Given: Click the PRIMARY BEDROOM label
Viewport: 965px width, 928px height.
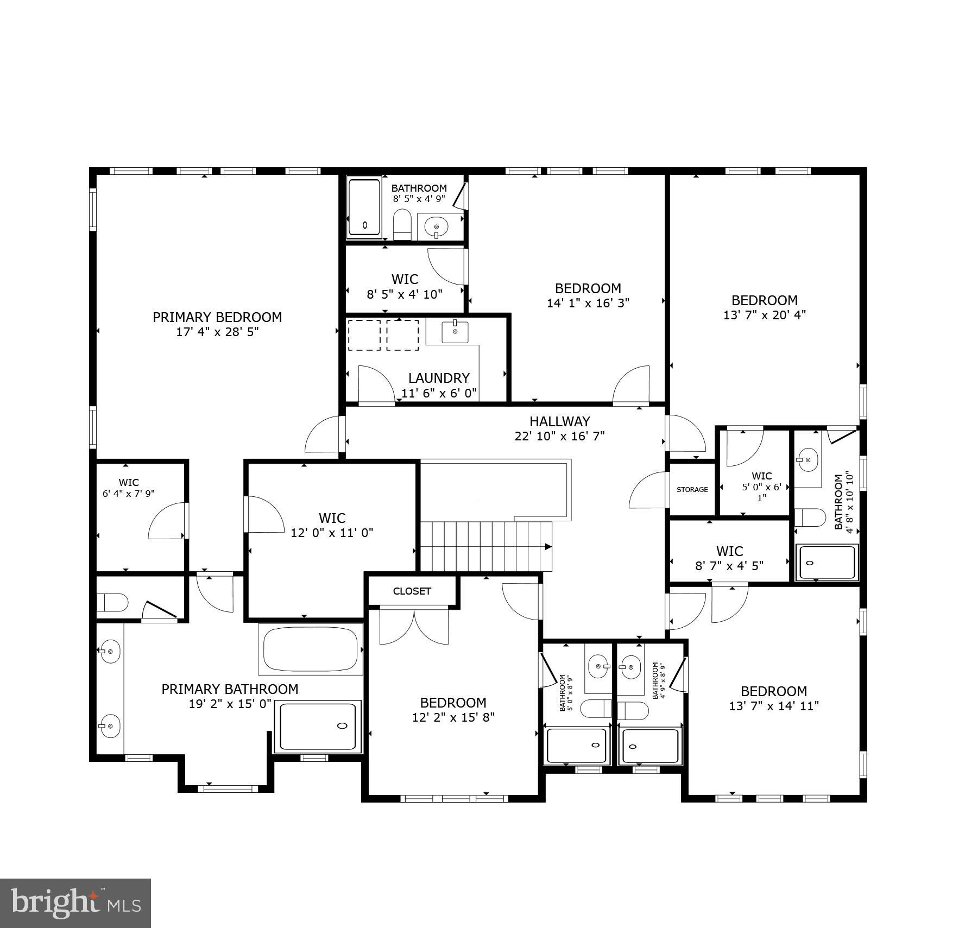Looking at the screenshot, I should (217, 317).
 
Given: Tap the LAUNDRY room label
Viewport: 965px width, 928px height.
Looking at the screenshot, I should (438, 378).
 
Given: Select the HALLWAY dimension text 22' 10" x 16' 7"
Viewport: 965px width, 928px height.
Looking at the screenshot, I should (559, 436).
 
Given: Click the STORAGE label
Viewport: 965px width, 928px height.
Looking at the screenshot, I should (692, 489).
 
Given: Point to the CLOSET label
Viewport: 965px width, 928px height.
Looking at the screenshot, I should (412, 591).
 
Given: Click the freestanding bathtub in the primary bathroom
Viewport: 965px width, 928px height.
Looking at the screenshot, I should (311, 649).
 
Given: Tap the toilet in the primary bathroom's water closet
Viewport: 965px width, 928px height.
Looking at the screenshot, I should (112, 602).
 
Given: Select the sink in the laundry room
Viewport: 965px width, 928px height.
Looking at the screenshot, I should (455, 332).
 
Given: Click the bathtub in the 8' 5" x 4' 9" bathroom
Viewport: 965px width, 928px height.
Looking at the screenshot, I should (364, 207).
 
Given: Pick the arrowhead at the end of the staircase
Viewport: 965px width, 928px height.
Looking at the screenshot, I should (548, 547).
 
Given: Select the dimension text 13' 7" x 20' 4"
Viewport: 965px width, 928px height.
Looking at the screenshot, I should (764, 315).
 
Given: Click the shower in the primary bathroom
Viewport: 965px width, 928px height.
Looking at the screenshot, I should (318, 726).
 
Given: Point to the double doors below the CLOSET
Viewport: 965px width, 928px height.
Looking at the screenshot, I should (414, 627).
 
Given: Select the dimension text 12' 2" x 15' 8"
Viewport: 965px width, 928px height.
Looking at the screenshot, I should (453, 717).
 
